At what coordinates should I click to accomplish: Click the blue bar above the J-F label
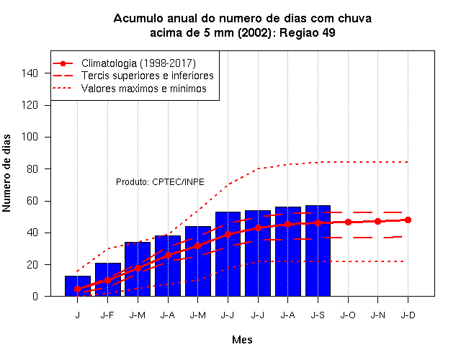108,279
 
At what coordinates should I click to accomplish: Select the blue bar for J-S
318,251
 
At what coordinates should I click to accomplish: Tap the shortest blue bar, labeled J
78,286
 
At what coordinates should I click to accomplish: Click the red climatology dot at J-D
408,220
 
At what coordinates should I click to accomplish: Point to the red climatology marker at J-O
348,222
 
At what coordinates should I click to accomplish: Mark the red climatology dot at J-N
377,221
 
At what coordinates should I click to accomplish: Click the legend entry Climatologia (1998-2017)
138,63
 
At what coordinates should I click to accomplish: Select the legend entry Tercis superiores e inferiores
147,76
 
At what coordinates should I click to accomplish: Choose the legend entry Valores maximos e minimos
144,89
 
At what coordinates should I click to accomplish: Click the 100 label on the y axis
30,137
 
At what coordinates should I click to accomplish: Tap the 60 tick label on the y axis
32,201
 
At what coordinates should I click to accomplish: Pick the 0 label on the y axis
35,296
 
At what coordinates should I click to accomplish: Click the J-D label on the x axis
408,315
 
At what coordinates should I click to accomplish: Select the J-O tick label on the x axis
348,315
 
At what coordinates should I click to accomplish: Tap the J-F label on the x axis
107,315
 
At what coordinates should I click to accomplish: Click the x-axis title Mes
242,340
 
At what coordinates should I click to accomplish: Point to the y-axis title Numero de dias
6,174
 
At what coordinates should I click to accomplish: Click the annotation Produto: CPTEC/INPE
160,182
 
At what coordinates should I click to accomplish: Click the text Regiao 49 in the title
308,32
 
